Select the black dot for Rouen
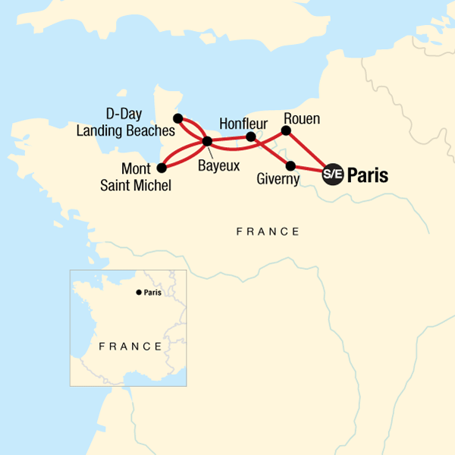click(x=287, y=130)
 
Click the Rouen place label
click(x=302, y=118)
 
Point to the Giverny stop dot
click(x=290, y=165)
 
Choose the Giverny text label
click(x=279, y=180)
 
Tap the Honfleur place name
click(x=243, y=123)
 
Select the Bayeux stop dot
click(x=206, y=141)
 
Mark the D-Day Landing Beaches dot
click(x=177, y=118)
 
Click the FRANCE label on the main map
click(x=268, y=231)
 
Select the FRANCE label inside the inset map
click(x=130, y=346)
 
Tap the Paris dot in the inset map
click(x=138, y=292)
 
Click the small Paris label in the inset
click(x=152, y=293)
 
